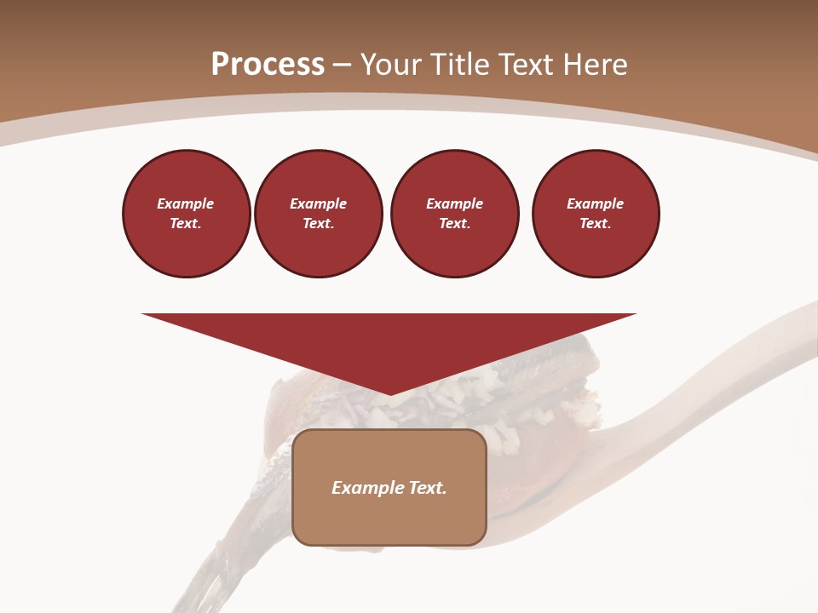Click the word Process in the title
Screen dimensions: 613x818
[x=268, y=65]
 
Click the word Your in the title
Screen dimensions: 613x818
[x=392, y=65]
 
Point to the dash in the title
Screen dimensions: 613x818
[x=343, y=66]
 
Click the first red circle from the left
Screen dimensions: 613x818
[x=187, y=214]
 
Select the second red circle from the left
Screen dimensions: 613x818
[x=319, y=214]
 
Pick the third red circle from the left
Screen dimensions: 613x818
[x=455, y=214]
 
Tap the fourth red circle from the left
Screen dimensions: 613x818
[x=596, y=214]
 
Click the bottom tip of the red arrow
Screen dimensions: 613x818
[x=390, y=392]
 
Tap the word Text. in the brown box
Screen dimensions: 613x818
[x=428, y=488]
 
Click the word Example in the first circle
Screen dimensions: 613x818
[x=186, y=203]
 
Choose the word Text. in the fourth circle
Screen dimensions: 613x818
[x=596, y=224]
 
